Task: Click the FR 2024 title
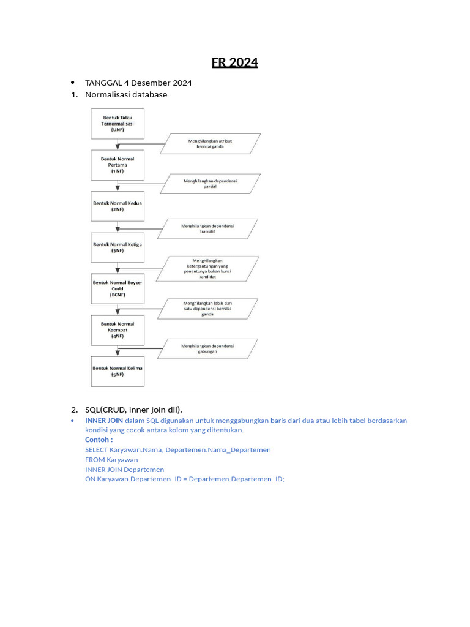235,62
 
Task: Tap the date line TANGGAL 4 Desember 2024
138,83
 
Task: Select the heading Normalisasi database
126,95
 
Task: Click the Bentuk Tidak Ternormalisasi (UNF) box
117,124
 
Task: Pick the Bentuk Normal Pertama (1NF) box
117,165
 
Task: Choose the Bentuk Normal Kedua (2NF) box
117,205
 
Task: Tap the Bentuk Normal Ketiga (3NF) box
117,247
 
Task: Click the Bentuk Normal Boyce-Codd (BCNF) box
117,288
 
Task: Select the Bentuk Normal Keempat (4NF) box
117,330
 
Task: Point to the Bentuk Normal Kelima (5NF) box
117,371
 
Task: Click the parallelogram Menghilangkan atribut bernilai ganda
210,144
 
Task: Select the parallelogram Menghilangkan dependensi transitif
208,228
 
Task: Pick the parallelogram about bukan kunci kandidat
208,268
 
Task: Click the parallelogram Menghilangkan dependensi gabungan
208,348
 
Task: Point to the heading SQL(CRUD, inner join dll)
134,410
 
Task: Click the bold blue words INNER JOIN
104,421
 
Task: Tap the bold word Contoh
99,440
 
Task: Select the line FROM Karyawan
111,459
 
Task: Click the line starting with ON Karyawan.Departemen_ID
185,479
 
